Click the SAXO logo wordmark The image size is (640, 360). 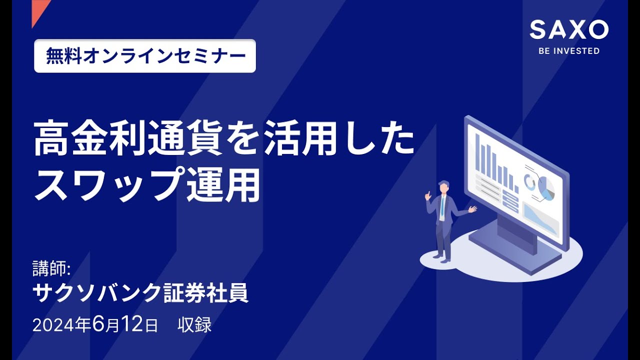569,30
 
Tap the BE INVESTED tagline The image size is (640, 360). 569,51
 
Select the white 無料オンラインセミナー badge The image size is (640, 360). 145,56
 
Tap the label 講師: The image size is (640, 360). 52,269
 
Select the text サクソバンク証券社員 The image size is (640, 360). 140,293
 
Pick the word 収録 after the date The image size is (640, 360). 194,325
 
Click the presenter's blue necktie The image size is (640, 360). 442,206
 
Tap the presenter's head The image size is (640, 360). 443,187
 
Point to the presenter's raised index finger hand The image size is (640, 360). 428,195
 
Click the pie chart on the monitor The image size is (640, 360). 546,189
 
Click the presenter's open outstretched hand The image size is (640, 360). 472,209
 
